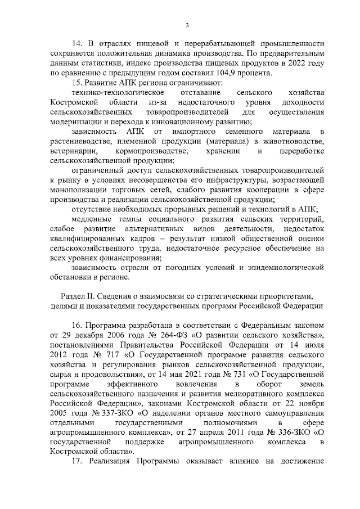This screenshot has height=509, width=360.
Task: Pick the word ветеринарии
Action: point(70,151)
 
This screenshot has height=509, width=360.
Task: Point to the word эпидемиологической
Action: point(287,267)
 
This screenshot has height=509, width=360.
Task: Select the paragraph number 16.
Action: point(78,325)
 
